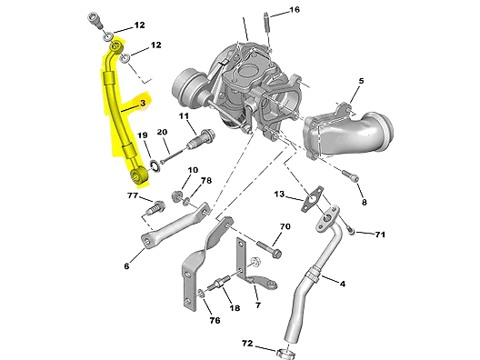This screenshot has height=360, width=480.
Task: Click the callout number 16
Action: click(x=295, y=10)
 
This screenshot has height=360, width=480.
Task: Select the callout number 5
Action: click(x=361, y=81)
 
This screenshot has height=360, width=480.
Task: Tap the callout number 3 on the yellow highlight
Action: click(x=143, y=103)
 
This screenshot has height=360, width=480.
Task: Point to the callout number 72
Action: click(x=247, y=344)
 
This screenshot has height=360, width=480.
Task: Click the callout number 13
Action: click(x=279, y=194)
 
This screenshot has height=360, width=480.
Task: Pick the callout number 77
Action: click(x=133, y=195)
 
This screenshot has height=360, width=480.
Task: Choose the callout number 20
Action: click(x=162, y=132)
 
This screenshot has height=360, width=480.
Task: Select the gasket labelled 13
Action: click(x=312, y=199)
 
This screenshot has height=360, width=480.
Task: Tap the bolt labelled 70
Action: click(x=269, y=249)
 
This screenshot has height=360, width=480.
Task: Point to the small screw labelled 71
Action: click(x=351, y=231)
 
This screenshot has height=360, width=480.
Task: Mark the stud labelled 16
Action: click(x=267, y=30)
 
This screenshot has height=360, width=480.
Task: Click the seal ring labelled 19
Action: click(x=155, y=165)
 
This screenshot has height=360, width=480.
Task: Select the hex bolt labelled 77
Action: click(x=156, y=208)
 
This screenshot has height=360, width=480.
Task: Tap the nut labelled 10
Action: click(x=176, y=196)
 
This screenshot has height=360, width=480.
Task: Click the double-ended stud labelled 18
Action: click(x=218, y=283)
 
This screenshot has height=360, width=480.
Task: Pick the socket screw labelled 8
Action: click(x=351, y=175)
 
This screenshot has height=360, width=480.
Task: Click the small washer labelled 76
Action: click(x=202, y=294)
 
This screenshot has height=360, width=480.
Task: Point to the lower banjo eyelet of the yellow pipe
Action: click(x=139, y=175)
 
